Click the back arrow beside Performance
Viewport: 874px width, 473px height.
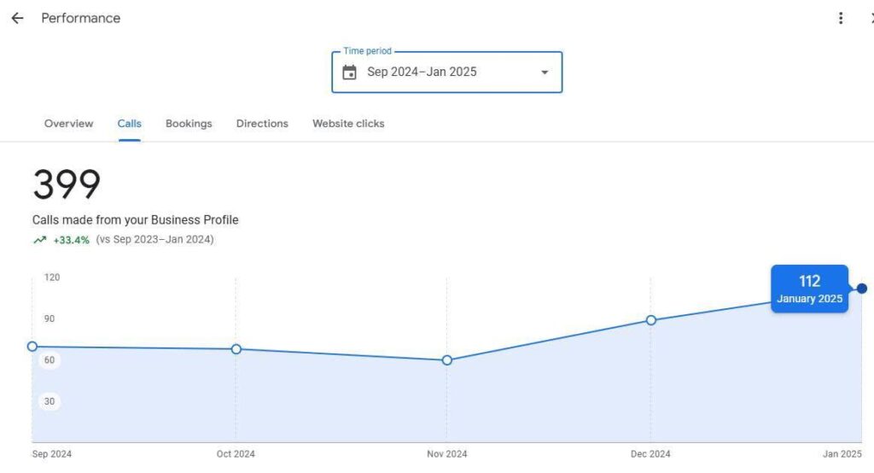tap(17, 18)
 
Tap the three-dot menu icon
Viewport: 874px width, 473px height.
tap(841, 18)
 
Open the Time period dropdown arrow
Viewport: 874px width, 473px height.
tap(545, 73)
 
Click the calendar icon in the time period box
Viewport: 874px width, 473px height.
tap(349, 73)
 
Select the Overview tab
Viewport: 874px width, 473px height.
tap(68, 124)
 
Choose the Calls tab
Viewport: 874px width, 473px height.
tap(130, 124)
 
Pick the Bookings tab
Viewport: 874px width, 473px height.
tap(189, 124)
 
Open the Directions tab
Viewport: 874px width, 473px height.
tap(262, 124)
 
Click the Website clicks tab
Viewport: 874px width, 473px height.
tap(348, 124)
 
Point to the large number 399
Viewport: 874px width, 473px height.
tap(67, 184)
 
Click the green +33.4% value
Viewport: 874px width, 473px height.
tap(72, 240)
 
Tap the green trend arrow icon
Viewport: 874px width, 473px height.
tap(39, 240)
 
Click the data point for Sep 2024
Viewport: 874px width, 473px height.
tap(32, 346)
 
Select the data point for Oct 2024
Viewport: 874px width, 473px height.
tap(236, 349)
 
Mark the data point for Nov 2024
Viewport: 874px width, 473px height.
tap(447, 360)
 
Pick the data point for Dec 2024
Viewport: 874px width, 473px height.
tap(651, 320)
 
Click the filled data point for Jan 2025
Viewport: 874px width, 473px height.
tap(862, 289)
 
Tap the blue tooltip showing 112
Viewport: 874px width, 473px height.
tap(809, 289)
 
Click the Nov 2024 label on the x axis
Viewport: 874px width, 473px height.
tap(447, 454)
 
